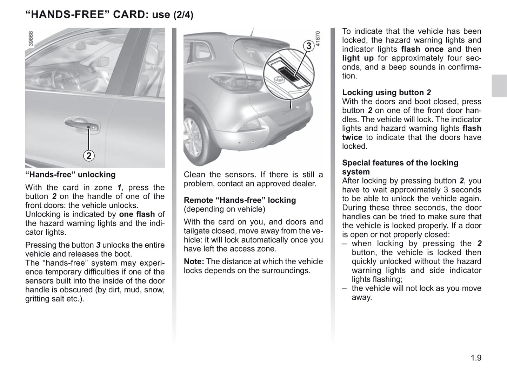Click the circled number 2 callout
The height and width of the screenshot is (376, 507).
click(89, 156)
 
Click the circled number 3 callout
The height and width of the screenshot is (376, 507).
click(308, 46)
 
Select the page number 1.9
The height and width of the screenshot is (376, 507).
click(476, 358)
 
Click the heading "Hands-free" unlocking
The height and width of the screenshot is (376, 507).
click(70, 175)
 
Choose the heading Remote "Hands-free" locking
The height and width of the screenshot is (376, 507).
click(240, 200)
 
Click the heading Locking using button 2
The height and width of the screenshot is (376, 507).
click(386, 92)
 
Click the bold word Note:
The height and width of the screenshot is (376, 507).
click(194, 261)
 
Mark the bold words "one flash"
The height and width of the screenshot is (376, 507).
click(137, 214)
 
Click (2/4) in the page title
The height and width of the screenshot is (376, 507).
click(183, 15)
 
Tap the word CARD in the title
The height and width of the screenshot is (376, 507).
click(128, 15)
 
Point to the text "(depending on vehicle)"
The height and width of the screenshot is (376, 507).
click(224, 209)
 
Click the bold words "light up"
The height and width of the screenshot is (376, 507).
click(358, 58)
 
